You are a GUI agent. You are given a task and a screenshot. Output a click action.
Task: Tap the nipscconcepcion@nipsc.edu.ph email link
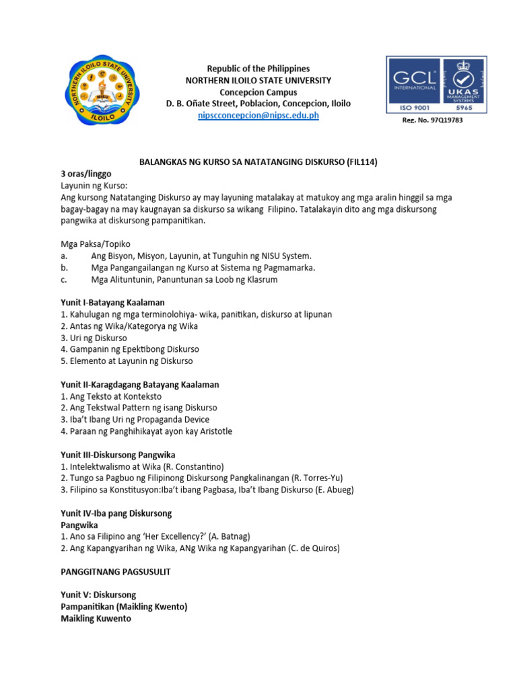(258, 116)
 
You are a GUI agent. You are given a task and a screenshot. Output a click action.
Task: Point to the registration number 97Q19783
(433, 120)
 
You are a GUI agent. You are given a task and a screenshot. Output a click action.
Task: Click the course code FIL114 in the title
(366, 162)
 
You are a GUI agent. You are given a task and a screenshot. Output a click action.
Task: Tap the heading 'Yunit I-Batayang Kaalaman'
(112, 302)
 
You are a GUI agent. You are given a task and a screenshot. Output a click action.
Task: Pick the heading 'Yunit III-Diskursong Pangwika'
(118, 455)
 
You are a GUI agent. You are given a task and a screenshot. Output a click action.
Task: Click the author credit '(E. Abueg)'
(334, 490)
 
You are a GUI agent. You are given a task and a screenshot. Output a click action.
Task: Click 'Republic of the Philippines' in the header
(258, 69)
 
